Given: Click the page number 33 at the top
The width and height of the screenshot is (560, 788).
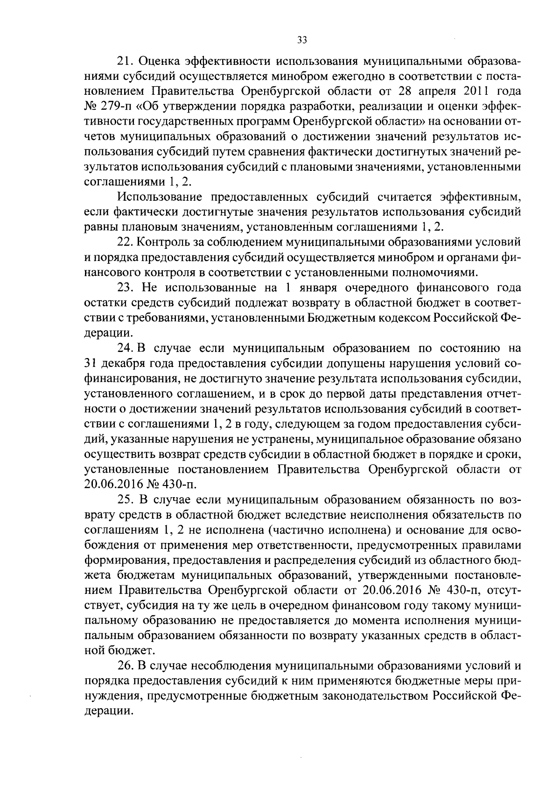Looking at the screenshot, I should point(301,40).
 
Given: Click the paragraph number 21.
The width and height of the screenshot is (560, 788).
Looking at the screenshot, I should point(124,61).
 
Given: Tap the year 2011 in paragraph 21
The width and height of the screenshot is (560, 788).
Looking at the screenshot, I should point(475,91).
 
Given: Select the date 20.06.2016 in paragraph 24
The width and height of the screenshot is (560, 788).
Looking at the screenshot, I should point(114,484).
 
